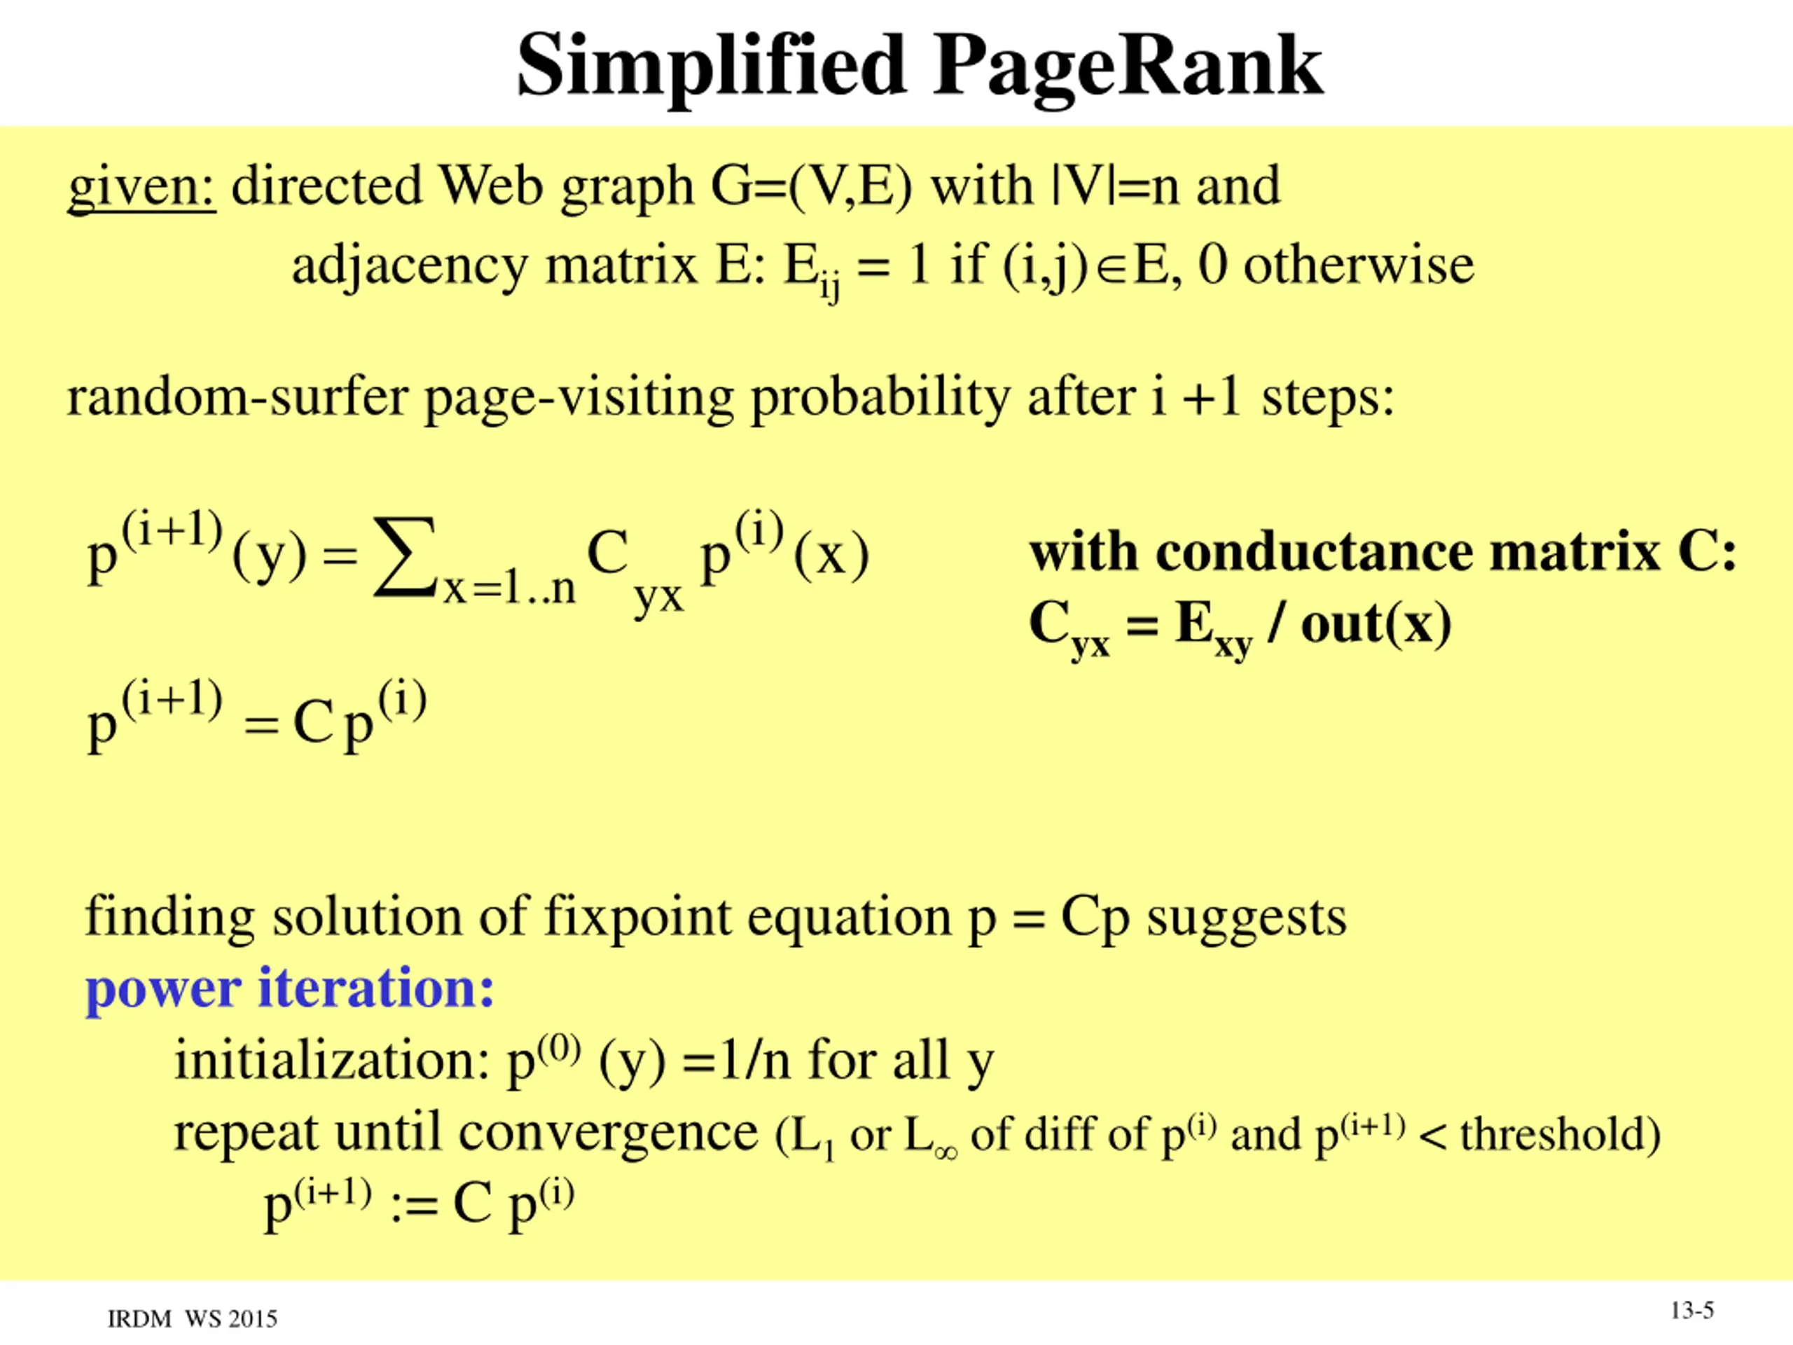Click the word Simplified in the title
pos(710,67)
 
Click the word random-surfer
pos(237,397)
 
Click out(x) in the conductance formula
pos(1376,624)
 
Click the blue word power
pos(163,990)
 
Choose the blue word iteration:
pos(375,988)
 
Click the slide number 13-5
pos(1691,1310)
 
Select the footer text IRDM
pos(139,1319)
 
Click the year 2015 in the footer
pos(253,1319)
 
